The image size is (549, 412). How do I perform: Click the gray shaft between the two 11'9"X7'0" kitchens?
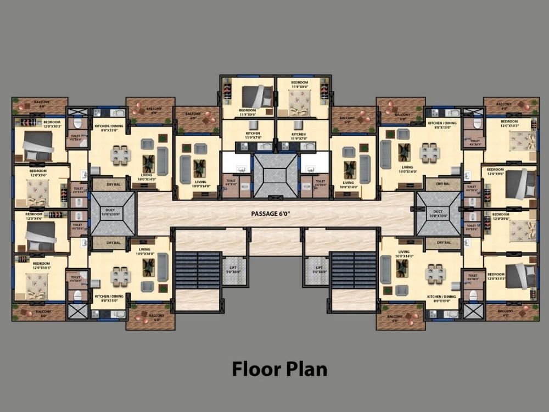click(274, 175)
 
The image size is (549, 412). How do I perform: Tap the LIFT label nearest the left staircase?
click(234, 269)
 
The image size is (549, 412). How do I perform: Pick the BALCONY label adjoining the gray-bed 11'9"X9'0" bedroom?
click(193, 115)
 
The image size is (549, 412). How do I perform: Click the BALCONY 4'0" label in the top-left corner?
click(42, 103)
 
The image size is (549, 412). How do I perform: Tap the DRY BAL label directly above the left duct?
click(114, 185)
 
